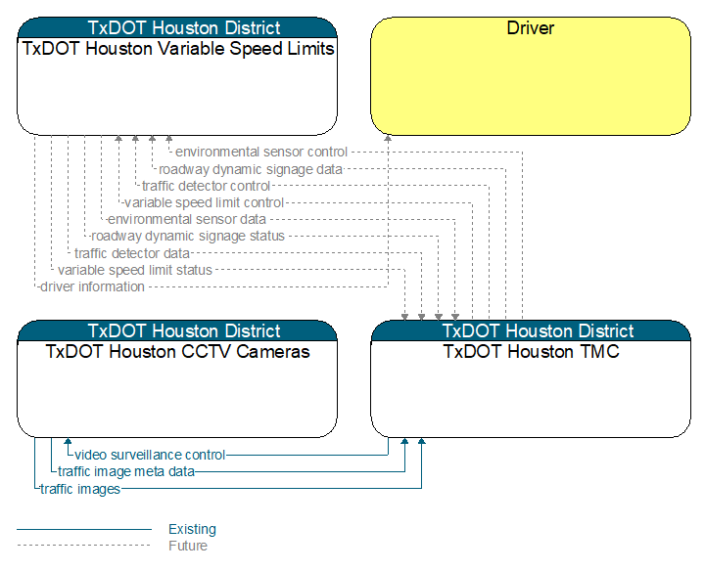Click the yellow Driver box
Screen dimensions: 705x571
coord(531,76)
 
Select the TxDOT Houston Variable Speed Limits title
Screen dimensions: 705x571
coord(178,49)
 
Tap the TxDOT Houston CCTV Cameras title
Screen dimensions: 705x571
coord(177,351)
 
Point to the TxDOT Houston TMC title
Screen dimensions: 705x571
coord(531,351)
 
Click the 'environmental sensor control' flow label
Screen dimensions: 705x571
coord(261,153)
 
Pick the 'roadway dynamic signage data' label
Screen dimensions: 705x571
coord(251,169)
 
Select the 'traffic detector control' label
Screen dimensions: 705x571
coord(206,186)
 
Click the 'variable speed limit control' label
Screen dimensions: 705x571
coord(204,203)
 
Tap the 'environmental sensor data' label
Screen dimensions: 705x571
coord(187,220)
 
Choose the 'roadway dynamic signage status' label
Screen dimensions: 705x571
coord(188,236)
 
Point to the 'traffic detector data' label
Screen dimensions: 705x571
coord(132,253)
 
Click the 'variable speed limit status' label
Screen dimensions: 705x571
coord(135,270)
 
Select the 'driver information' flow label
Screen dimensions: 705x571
coord(93,286)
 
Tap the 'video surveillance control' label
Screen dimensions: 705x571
coord(150,455)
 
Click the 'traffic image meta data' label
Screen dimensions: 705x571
coord(126,472)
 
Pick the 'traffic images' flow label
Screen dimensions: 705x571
coord(80,489)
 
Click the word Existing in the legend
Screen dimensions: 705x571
coord(193,529)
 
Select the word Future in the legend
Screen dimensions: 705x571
coord(188,546)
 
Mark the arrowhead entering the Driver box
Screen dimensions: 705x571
coord(388,138)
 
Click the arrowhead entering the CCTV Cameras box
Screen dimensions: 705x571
coord(68,441)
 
